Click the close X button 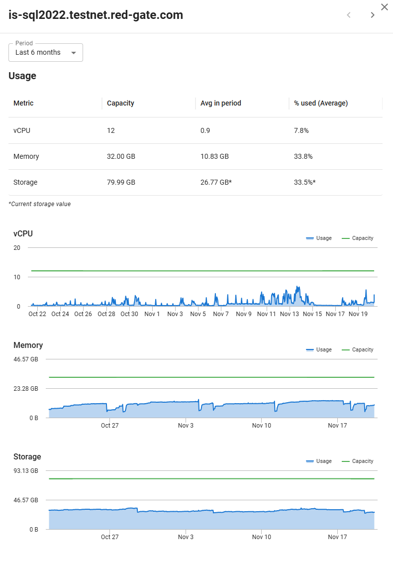[x=385, y=7]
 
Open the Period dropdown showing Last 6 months [x=46, y=53]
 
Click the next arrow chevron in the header [x=373, y=15]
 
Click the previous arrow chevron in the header [x=349, y=15]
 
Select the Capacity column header [x=120, y=103]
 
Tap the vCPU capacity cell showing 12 [x=111, y=130]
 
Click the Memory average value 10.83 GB [x=214, y=156]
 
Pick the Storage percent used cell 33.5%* [x=304, y=182]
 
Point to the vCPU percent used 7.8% [x=301, y=130]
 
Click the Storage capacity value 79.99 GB [x=121, y=182]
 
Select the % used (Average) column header [x=321, y=103]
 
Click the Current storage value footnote [x=40, y=204]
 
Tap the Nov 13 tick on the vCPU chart [x=290, y=314]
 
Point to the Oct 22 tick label [x=37, y=314]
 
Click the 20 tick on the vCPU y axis [x=17, y=248]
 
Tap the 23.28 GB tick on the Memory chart [x=26, y=389]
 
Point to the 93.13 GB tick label [x=26, y=470]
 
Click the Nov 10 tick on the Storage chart [x=262, y=537]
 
